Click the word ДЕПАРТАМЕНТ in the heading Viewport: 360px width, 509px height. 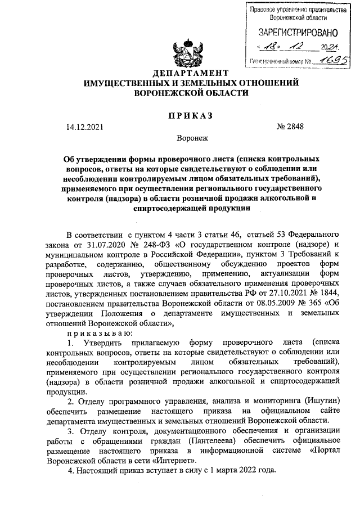[x=191, y=74]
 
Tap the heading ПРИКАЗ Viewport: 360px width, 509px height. [x=190, y=115]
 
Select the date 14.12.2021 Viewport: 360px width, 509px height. [x=84, y=127]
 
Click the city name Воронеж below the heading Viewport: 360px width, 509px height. [x=191, y=137]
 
